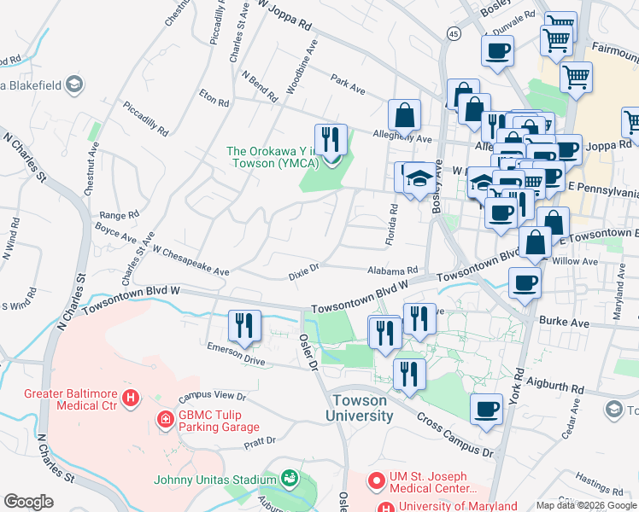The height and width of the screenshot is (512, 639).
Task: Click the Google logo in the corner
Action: coord(28,501)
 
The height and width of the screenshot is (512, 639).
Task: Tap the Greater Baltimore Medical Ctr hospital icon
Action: coord(131,398)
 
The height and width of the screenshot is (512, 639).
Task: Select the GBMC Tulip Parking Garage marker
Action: coord(163,420)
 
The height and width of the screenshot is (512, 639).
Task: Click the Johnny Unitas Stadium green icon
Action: coord(290,478)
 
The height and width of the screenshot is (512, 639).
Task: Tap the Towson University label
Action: coord(359,408)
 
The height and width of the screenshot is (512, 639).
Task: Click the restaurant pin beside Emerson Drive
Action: coord(243,326)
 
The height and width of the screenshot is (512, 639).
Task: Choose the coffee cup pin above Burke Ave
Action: coord(525,282)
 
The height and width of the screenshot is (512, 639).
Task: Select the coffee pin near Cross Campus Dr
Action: coord(487,409)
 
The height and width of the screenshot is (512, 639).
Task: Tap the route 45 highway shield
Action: coord(452,33)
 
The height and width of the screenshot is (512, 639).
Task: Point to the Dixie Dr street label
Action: coord(303,269)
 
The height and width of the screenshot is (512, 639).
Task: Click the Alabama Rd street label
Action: coord(391,269)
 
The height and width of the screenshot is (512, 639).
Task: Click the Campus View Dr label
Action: coord(212,398)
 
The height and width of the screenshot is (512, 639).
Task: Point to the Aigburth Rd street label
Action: coord(555,386)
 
